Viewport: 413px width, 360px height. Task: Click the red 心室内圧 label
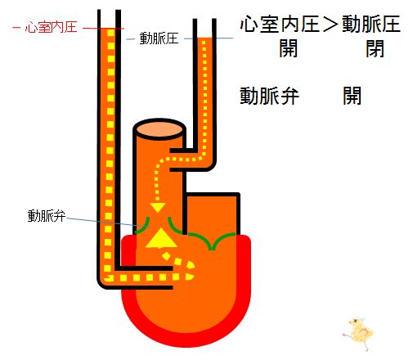(x=51, y=28)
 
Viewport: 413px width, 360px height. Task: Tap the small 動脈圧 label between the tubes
(x=159, y=38)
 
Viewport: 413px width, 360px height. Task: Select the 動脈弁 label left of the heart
(x=47, y=216)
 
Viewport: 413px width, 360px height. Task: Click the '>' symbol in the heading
(x=330, y=25)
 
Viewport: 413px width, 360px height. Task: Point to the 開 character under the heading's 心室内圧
(x=288, y=48)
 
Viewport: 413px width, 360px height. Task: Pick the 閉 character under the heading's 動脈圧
(x=375, y=48)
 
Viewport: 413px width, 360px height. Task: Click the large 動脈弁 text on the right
(x=269, y=96)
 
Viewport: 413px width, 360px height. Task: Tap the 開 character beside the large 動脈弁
(x=352, y=96)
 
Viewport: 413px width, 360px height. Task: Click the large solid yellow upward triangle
(x=161, y=239)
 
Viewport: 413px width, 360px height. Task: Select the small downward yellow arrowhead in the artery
(x=158, y=208)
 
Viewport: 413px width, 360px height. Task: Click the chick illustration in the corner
(x=358, y=333)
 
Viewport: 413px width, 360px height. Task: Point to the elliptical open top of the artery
(x=159, y=129)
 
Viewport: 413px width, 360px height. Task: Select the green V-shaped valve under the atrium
(x=212, y=241)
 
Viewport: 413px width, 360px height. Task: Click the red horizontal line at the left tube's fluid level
(x=103, y=28)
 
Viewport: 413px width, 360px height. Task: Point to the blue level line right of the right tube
(x=223, y=38)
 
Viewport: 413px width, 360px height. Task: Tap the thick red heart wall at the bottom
(x=186, y=340)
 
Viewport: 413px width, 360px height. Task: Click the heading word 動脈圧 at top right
(x=371, y=25)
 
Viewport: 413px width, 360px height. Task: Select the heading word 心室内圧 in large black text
(x=280, y=25)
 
